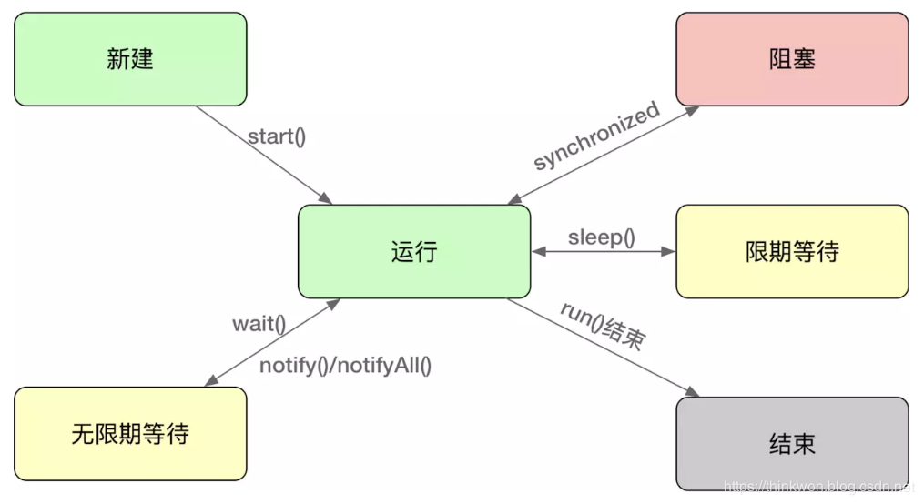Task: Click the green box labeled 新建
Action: tap(130, 59)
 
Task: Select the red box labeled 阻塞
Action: tap(792, 59)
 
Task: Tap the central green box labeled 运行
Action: tap(414, 252)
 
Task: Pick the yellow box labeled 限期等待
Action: tap(792, 252)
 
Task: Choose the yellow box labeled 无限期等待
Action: tap(130, 434)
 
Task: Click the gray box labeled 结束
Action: tap(792, 444)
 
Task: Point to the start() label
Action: tap(277, 137)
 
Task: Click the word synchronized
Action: tap(596, 136)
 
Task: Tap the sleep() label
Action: tap(601, 237)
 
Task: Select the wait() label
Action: tap(259, 324)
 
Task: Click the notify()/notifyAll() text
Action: tap(346, 366)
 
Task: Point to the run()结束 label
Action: tap(603, 326)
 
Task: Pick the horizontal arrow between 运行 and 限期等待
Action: tap(603, 252)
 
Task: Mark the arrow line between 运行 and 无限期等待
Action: tap(273, 341)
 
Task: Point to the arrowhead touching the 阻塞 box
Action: tap(694, 109)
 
